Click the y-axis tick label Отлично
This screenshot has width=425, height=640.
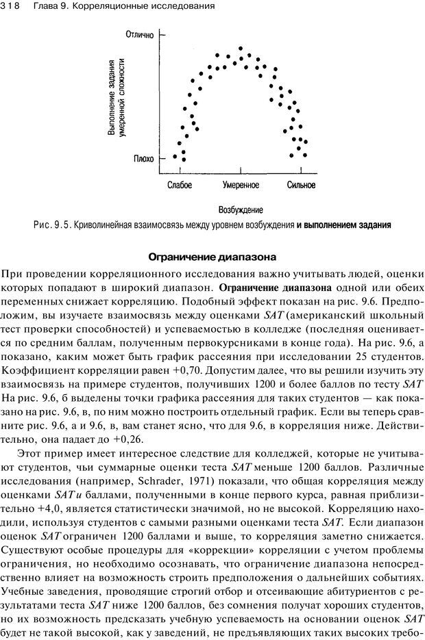tap(140, 34)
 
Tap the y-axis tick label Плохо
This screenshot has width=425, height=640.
tap(143, 159)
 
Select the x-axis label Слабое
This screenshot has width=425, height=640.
tap(179, 185)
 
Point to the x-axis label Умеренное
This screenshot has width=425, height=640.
tap(241, 185)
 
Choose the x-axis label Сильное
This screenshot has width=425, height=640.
tap(302, 185)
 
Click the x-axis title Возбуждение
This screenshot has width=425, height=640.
tap(241, 210)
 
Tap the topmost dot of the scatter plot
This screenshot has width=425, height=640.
tap(241, 49)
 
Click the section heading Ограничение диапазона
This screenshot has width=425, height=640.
tap(212, 258)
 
